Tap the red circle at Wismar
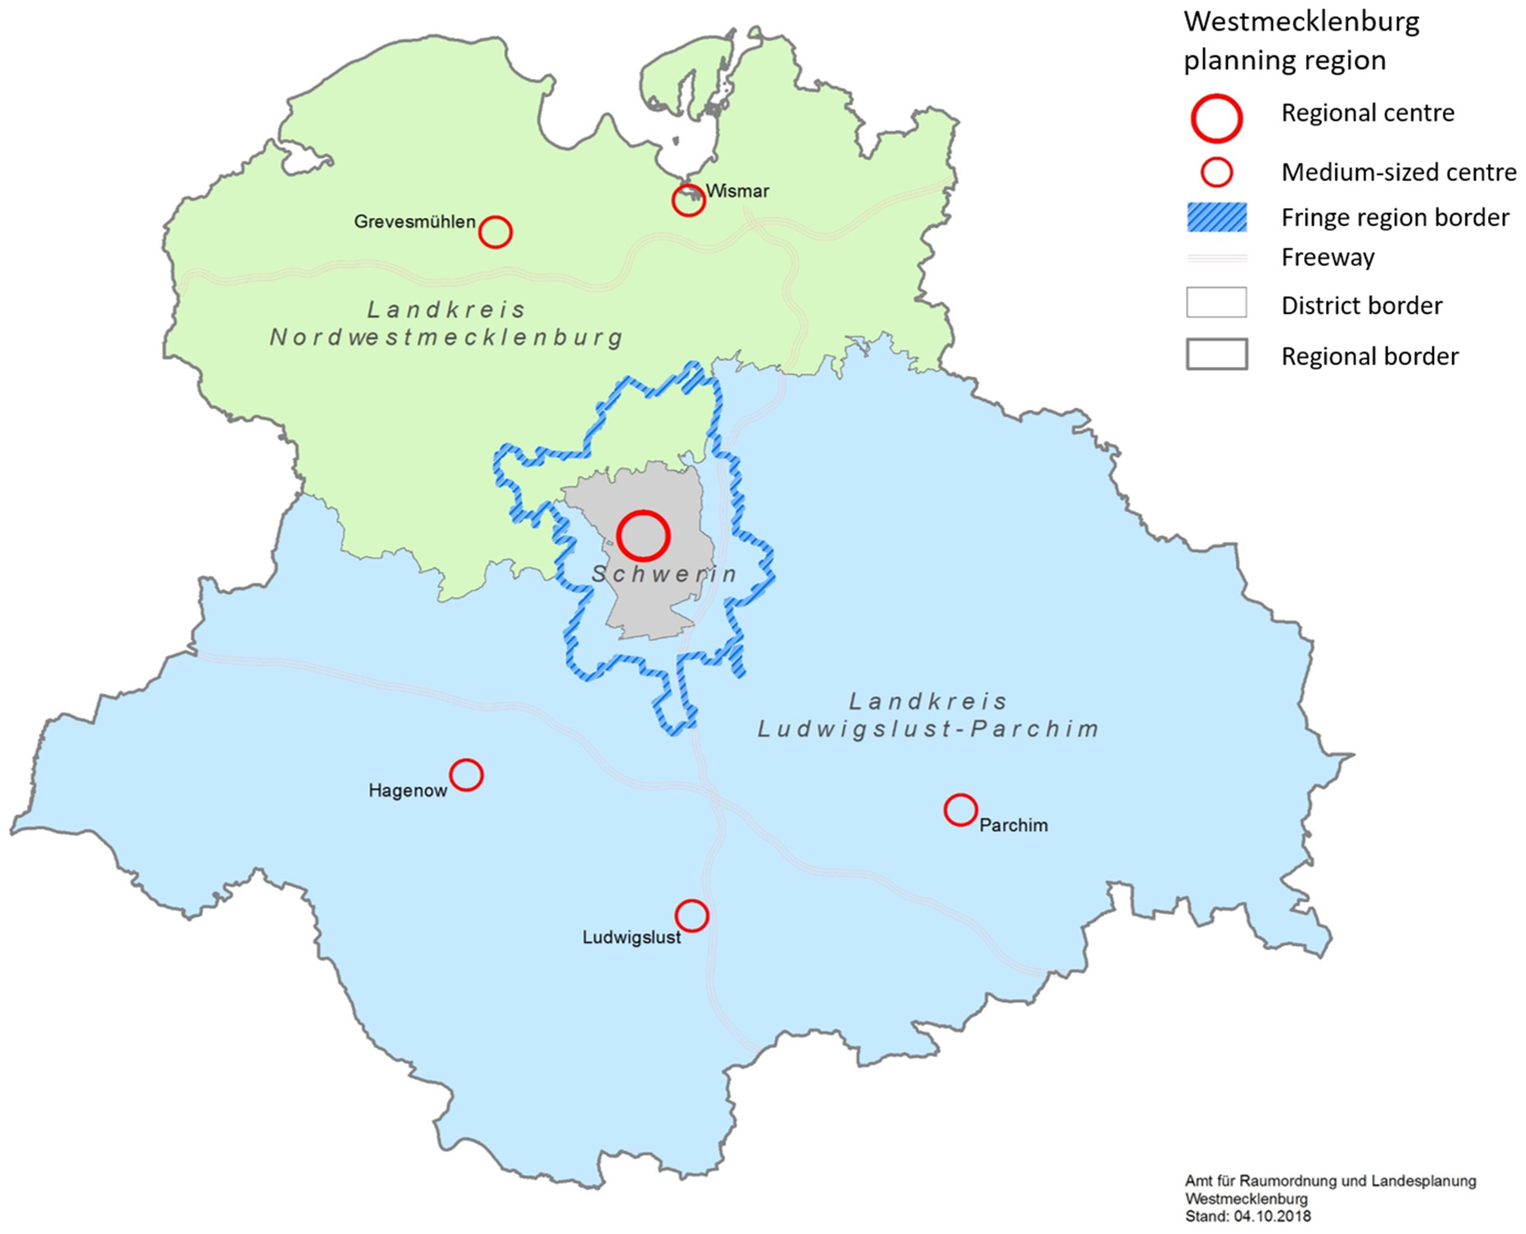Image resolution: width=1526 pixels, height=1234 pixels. click(x=688, y=201)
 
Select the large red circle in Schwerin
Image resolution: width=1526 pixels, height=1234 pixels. click(x=643, y=536)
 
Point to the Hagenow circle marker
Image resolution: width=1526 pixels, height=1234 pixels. click(x=466, y=775)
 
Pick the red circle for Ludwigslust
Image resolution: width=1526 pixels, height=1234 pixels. click(x=692, y=915)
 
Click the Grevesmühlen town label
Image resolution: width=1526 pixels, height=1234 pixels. click(x=414, y=222)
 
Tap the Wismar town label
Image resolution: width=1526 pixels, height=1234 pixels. click(x=737, y=191)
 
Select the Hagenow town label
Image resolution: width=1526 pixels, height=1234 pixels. click(x=407, y=791)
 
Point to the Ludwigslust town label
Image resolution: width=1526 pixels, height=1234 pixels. click(x=631, y=937)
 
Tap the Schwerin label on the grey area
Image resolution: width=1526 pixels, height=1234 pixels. click(x=664, y=574)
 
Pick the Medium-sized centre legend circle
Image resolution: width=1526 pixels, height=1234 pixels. click(x=1216, y=173)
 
